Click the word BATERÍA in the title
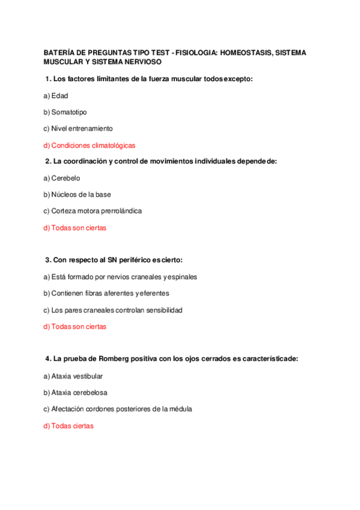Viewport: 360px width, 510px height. pos(59,53)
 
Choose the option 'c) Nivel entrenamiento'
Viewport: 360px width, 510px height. pos(78,128)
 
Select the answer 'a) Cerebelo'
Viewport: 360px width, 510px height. pos(62,178)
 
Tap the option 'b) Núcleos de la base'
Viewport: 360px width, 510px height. pos(77,194)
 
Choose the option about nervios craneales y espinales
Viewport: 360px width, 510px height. pos(120,277)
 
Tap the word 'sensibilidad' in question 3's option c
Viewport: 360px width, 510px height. pos(162,310)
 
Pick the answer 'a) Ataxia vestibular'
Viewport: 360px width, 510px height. pos(73,376)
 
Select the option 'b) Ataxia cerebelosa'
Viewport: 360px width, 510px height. pos(75,392)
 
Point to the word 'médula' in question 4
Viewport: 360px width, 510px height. pos(180,409)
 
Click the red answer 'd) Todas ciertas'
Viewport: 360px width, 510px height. pos(69,426)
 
